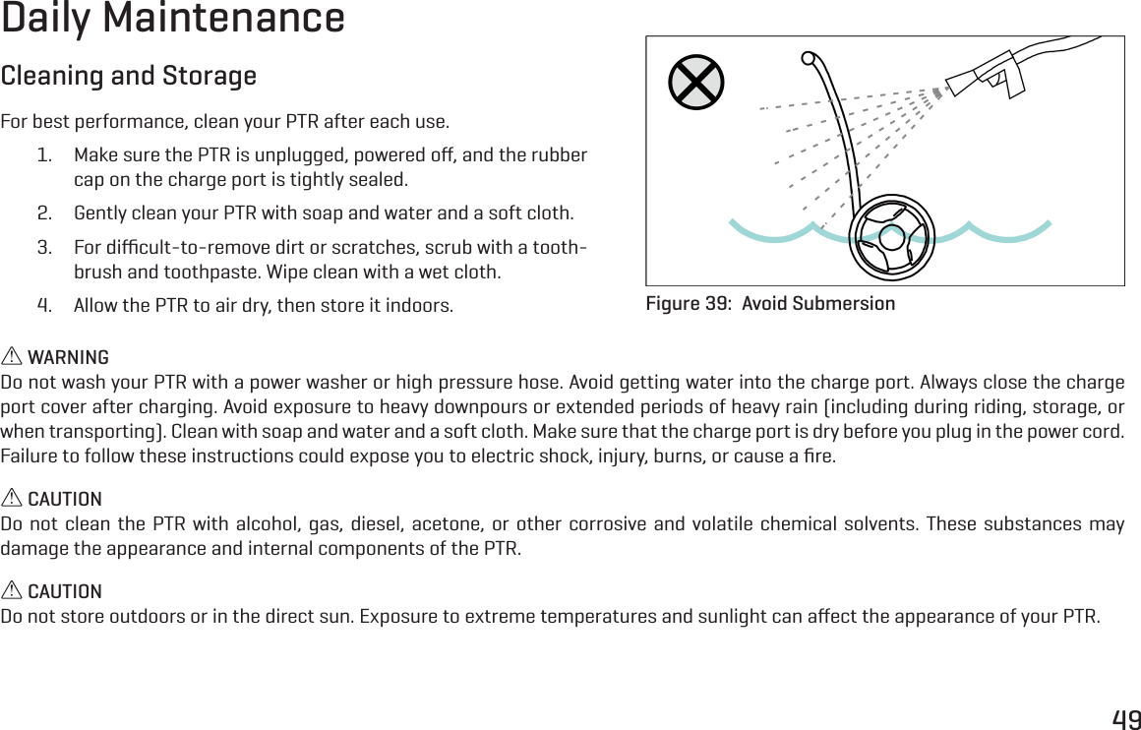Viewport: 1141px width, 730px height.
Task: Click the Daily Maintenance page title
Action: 173,20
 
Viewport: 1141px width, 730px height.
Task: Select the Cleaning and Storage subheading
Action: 129,76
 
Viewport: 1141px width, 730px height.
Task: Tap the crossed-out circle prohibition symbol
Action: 695,83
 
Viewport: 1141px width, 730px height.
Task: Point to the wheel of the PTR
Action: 890,237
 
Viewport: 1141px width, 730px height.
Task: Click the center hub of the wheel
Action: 891,237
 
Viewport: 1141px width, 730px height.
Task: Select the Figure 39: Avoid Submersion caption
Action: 770,303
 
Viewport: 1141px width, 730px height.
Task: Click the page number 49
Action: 1126,719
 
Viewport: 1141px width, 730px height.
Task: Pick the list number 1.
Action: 44,155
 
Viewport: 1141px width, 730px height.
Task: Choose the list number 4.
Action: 44,304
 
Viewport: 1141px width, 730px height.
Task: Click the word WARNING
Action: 68,357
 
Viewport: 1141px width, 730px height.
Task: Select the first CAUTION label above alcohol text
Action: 64,500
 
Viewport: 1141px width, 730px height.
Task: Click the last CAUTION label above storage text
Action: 64,591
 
